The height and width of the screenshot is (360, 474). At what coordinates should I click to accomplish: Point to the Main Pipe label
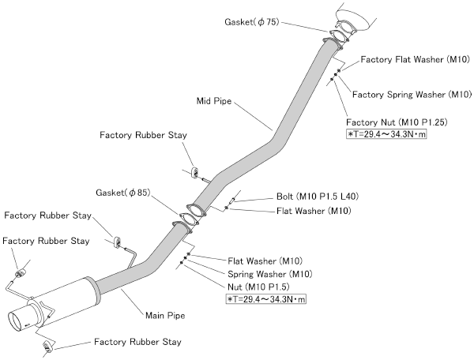165,316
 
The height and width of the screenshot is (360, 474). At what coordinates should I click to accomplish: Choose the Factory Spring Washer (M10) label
412,94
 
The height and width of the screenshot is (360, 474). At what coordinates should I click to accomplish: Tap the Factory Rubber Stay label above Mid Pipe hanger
143,135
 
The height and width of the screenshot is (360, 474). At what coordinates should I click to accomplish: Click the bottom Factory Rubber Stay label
137,343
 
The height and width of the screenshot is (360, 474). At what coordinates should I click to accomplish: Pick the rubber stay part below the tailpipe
47,346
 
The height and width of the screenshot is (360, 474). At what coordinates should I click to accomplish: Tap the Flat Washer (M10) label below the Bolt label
314,211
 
